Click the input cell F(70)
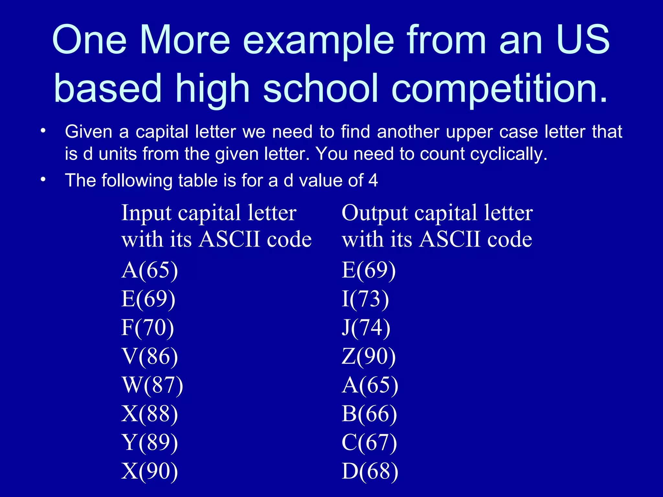[148, 328]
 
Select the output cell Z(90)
[368, 357]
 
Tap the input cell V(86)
[150, 357]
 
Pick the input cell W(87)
[152, 385]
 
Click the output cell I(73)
[365, 299]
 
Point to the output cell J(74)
[366, 328]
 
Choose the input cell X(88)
[150, 414]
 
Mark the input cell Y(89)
[150, 443]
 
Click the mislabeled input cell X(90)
[150, 471]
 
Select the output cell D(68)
[370, 471]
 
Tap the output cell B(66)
[369, 414]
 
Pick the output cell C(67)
[369, 443]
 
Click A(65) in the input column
[150, 270]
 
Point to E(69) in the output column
[368, 270]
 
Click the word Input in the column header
[146, 214]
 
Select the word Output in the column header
[375, 214]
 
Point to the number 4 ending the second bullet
[373, 180]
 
